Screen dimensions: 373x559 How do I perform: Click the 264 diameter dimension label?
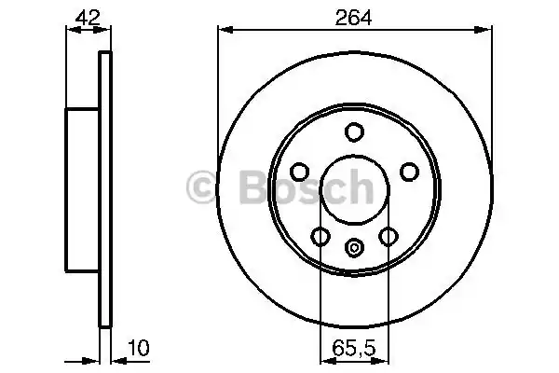click(x=353, y=17)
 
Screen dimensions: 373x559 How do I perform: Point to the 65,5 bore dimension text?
click(x=353, y=350)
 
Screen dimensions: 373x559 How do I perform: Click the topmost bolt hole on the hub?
click(x=354, y=132)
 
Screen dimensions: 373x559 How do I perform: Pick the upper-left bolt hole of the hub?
click(x=300, y=172)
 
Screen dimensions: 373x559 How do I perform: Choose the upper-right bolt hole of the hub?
click(x=408, y=172)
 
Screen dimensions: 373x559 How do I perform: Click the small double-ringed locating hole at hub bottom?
click(x=354, y=247)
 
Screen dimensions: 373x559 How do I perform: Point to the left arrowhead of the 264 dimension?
click(x=224, y=31)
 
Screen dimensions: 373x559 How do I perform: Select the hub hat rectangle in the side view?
click(x=82, y=186)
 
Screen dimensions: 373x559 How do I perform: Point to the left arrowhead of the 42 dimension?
click(x=70, y=31)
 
